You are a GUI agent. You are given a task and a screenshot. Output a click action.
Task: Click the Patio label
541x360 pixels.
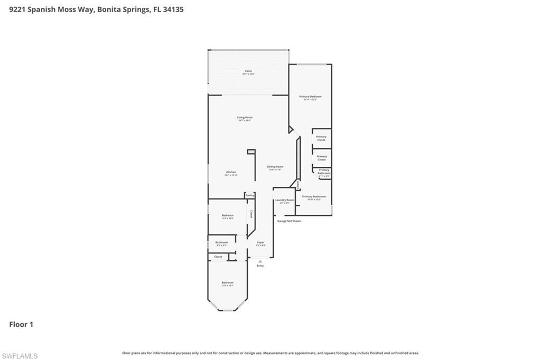coord(248,71)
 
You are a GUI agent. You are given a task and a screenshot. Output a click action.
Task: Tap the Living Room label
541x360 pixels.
coord(244,118)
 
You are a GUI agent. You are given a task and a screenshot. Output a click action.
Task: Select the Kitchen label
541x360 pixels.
coord(231,173)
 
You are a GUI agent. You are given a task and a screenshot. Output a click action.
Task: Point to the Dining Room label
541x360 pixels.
coord(275,167)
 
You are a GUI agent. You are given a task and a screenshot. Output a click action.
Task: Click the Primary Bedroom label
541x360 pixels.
coord(310,97)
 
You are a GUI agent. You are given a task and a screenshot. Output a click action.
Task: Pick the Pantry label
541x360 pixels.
coord(250,195)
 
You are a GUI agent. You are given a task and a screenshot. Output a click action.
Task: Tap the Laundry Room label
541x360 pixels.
coord(284,201)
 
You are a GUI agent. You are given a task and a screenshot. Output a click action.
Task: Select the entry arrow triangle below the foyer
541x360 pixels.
coord(260,261)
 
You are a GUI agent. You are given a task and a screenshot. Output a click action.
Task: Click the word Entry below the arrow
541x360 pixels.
coord(260,266)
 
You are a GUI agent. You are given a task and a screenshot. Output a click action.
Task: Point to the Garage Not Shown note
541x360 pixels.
coord(290,221)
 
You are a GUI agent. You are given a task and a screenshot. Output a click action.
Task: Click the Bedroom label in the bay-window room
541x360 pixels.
coord(227,283)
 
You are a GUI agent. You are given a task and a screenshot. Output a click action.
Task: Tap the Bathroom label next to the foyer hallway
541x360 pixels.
coord(221,243)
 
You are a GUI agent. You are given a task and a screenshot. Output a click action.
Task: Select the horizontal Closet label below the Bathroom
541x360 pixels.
coord(218,257)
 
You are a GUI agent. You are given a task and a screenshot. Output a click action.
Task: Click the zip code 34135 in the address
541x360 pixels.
coord(173,10)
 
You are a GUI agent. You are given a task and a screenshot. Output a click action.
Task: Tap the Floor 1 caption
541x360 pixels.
coord(21,325)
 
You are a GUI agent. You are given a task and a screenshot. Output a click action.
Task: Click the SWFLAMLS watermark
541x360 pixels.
coord(20,356)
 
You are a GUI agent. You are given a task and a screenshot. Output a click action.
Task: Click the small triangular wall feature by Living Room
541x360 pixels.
coord(290,129)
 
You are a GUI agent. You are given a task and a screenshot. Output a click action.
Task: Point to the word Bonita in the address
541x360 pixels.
coord(108,10)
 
